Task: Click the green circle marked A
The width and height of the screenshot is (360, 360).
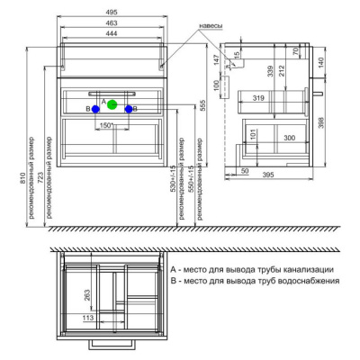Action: [112, 105]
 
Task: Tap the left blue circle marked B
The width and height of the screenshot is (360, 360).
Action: [95, 109]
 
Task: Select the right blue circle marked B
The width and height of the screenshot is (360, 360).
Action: [130, 109]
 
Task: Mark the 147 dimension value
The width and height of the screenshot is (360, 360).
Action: [228, 60]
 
